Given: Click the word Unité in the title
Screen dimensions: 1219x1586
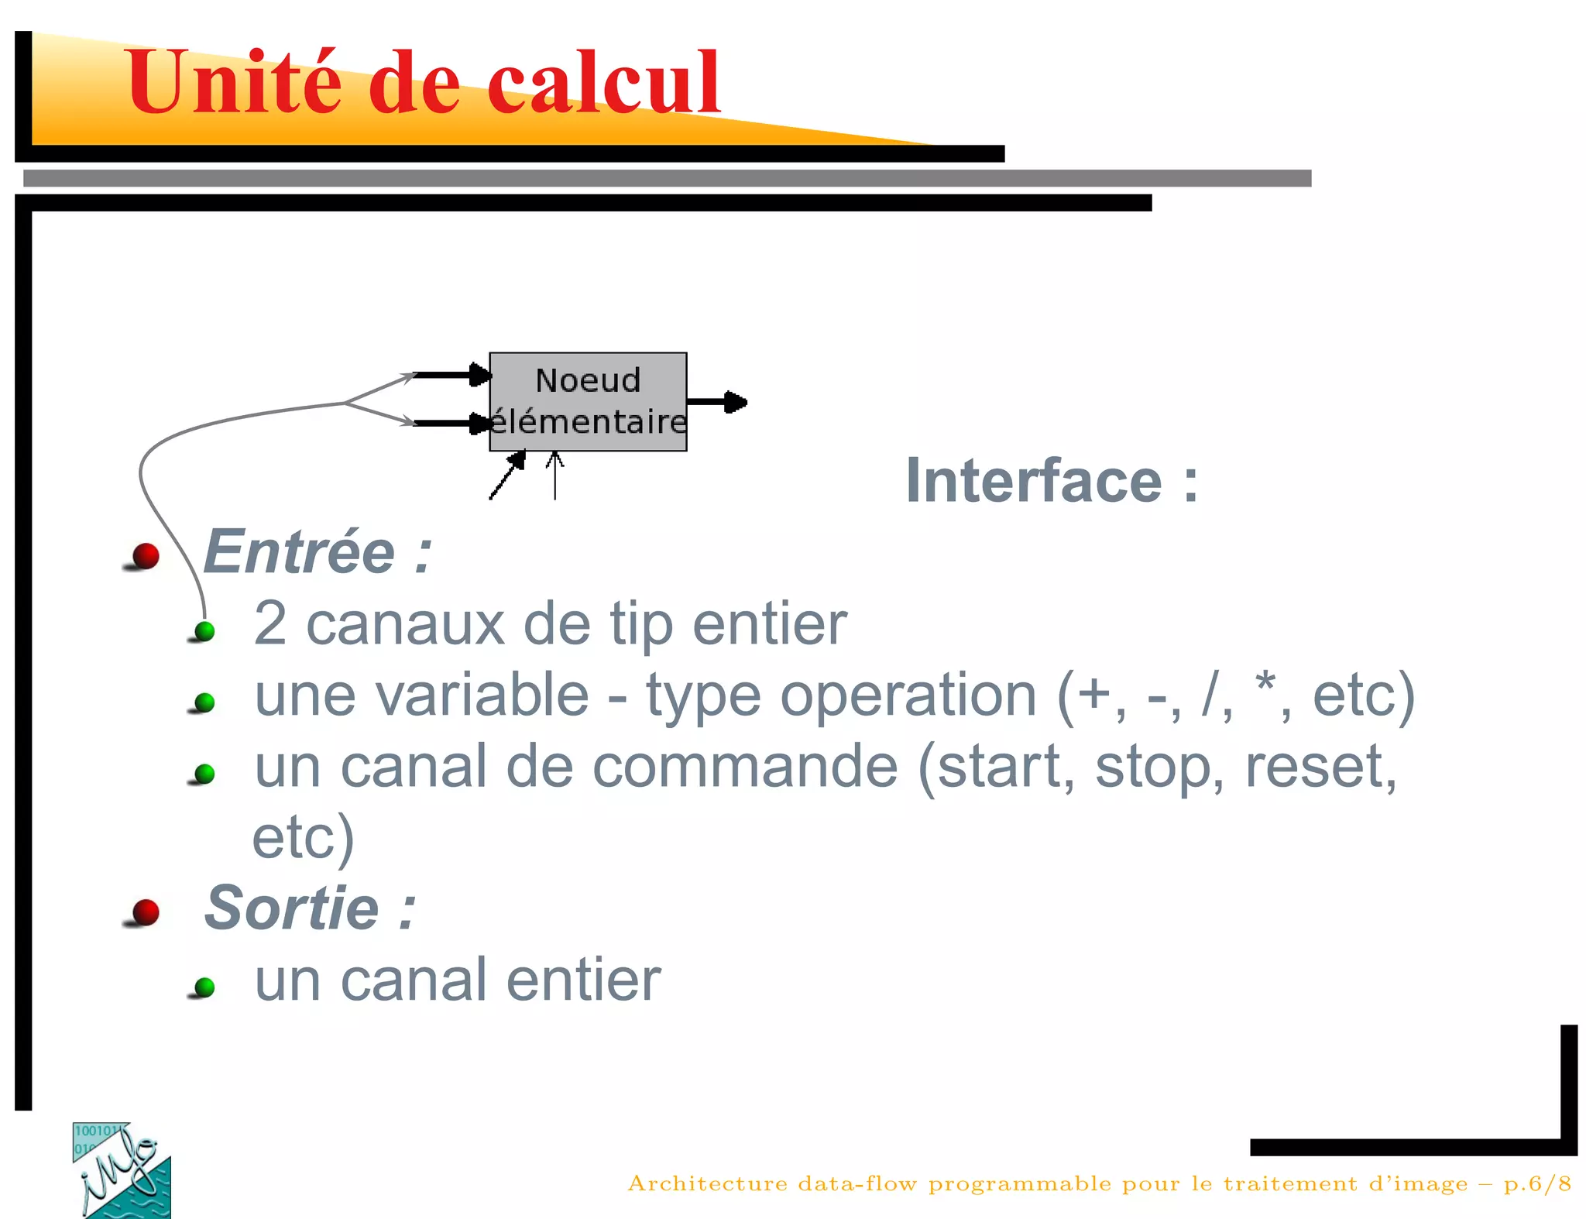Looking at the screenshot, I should pyautogui.click(x=233, y=82).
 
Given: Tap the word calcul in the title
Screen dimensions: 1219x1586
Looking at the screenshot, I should pyautogui.click(x=603, y=82).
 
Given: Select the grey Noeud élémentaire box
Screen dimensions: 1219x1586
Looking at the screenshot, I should pyautogui.click(x=588, y=401).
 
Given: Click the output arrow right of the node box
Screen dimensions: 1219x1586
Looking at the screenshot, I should pyautogui.click(x=716, y=401).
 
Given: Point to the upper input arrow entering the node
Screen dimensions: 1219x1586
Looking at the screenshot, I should pyautogui.click(x=453, y=375).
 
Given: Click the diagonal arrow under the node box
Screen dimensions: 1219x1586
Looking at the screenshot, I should pyautogui.click(x=508, y=475).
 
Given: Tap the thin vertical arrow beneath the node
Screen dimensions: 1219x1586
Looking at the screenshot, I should pyautogui.click(x=554, y=476).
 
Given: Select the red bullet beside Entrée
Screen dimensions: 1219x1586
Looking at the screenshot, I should pyautogui.click(x=145, y=555).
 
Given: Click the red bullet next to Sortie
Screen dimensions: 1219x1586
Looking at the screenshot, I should pyautogui.click(x=145, y=912).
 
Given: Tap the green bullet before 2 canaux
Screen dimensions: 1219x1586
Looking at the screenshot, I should pyautogui.click(x=204, y=631).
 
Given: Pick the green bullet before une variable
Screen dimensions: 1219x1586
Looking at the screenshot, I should pyautogui.click(x=204, y=702).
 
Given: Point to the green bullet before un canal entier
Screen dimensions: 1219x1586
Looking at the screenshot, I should pyautogui.click(x=204, y=987).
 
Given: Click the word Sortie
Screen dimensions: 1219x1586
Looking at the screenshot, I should pyautogui.click(x=292, y=908).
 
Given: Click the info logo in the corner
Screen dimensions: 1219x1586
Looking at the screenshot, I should pyautogui.click(x=122, y=1169).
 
